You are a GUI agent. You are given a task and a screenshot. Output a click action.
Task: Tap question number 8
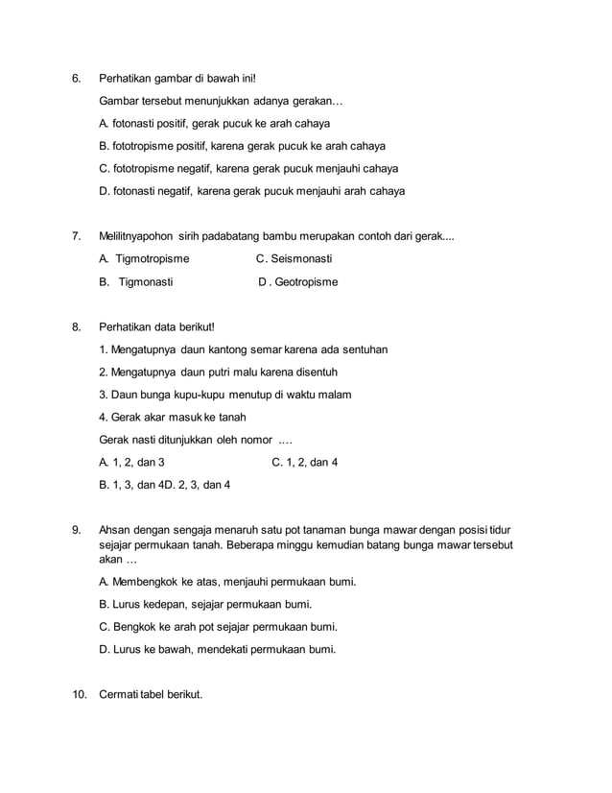[x=77, y=327]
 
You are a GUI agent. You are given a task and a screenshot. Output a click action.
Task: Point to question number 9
[x=77, y=529]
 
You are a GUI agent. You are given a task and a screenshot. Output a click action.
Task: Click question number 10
[x=80, y=694]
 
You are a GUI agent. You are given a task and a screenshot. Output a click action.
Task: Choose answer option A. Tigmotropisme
[x=144, y=259]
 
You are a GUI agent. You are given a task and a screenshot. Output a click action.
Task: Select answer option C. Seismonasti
[x=294, y=259]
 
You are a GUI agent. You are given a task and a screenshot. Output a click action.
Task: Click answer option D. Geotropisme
[x=297, y=282]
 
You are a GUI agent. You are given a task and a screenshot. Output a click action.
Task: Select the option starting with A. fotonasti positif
[x=214, y=124]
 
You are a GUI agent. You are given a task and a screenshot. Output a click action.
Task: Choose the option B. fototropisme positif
[x=242, y=146]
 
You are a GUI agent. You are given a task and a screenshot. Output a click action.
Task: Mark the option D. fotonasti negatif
[x=251, y=191]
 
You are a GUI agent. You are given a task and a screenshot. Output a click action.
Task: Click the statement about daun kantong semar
[x=243, y=349]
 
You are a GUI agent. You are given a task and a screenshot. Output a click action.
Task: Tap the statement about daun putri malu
[x=218, y=372]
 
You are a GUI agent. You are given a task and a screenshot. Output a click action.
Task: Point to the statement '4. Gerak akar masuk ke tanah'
[x=173, y=417]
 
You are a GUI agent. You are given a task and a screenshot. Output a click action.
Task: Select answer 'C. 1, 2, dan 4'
[x=305, y=463]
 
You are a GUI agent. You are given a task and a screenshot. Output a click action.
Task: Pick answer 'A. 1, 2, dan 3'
[x=138, y=463]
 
